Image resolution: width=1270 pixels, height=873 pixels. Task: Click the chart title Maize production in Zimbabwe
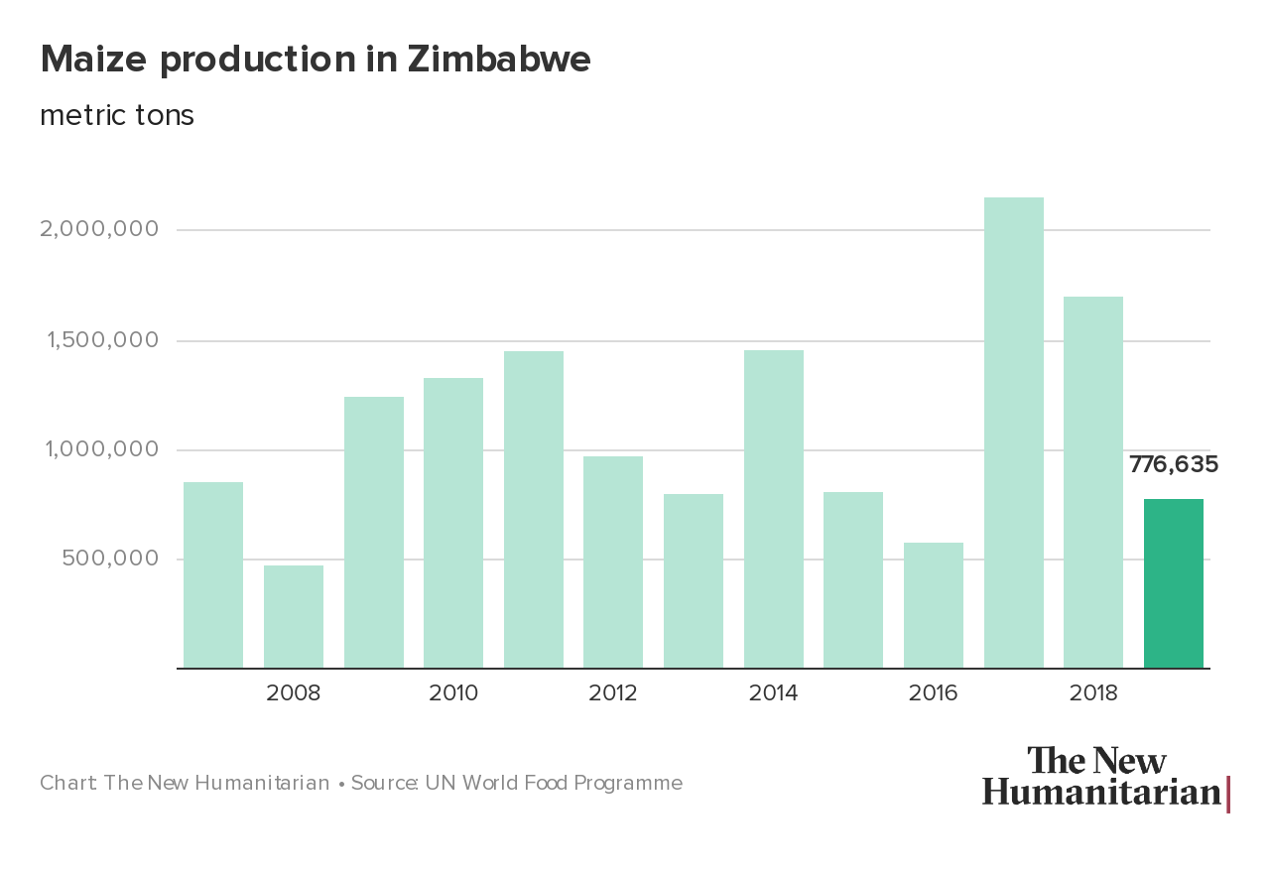(316, 60)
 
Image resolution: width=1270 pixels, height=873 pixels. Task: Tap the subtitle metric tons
(117, 115)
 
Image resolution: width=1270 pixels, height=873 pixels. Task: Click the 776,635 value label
(1173, 464)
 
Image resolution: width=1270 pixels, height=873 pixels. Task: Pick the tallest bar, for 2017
(1013, 433)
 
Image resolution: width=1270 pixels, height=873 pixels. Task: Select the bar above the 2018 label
(1092, 482)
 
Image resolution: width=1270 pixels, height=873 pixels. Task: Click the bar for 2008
(294, 616)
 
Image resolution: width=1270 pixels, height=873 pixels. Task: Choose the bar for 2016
(933, 605)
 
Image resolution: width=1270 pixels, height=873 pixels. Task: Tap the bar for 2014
(773, 509)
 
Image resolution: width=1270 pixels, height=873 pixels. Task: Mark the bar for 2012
(613, 561)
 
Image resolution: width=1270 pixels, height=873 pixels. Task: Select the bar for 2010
(453, 523)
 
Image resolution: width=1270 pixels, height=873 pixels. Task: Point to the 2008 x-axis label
(294, 692)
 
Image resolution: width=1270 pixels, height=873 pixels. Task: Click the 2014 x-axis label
(773, 692)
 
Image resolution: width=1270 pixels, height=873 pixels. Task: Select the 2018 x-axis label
(1092, 692)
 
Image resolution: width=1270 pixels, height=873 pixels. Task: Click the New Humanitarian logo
(1101, 777)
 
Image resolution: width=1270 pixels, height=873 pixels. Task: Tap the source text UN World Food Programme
(554, 783)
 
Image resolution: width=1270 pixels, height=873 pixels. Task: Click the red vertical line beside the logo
(1228, 794)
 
